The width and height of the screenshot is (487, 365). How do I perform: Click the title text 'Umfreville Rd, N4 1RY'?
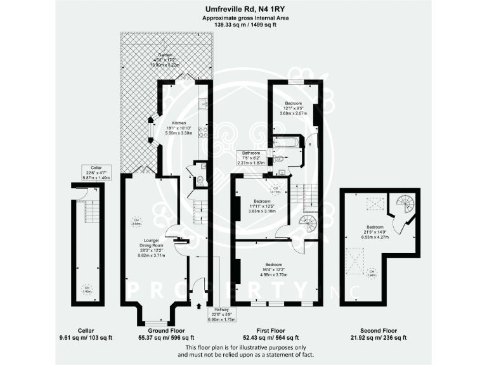pos(243,10)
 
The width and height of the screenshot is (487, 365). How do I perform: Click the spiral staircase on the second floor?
pos(401,205)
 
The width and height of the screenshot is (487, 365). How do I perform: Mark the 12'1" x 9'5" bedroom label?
pos(293,108)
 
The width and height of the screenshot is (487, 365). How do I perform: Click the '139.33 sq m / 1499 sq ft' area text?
pos(243,25)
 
